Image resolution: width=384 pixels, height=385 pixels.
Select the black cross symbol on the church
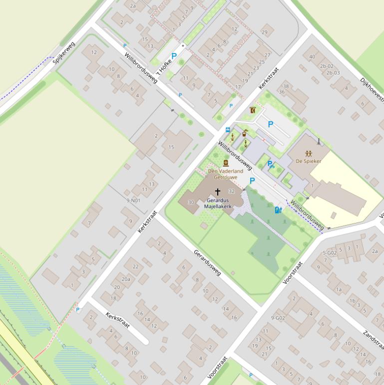click(x=217, y=191)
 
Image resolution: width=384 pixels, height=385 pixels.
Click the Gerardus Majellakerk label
click(x=217, y=203)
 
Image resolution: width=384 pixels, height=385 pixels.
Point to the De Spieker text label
click(x=308, y=161)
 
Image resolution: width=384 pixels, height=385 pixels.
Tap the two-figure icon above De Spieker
click(x=308, y=153)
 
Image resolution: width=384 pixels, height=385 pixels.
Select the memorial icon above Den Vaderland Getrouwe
click(x=225, y=163)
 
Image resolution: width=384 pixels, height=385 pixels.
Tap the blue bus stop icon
click(x=228, y=129)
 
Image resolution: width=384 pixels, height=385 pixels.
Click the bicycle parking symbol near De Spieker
click(x=271, y=164)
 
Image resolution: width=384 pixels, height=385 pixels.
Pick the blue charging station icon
click(x=278, y=210)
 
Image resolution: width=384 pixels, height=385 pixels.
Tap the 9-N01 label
click(x=133, y=200)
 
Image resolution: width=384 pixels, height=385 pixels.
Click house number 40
click(x=312, y=56)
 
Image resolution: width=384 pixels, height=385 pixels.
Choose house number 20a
click(x=126, y=279)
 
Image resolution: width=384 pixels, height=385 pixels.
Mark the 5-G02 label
click(x=330, y=253)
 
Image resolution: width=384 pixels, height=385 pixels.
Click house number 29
click(x=265, y=32)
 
